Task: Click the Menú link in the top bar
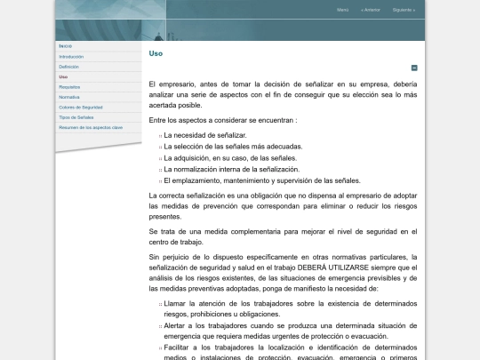point(342,10)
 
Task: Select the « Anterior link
point(371,10)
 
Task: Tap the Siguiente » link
point(403,10)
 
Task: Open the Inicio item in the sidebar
point(66,46)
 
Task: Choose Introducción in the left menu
point(71,56)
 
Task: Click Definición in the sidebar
point(69,67)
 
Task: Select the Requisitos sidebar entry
point(69,87)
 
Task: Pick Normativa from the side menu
point(69,97)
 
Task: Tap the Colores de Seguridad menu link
point(81,107)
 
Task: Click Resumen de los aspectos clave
point(91,127)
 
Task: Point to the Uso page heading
point(156,53)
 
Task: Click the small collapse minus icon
point(414,68)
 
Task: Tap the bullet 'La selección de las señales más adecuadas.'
point(233,146)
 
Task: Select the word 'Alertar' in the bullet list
point(175,326)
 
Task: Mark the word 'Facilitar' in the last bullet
point(177,348)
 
